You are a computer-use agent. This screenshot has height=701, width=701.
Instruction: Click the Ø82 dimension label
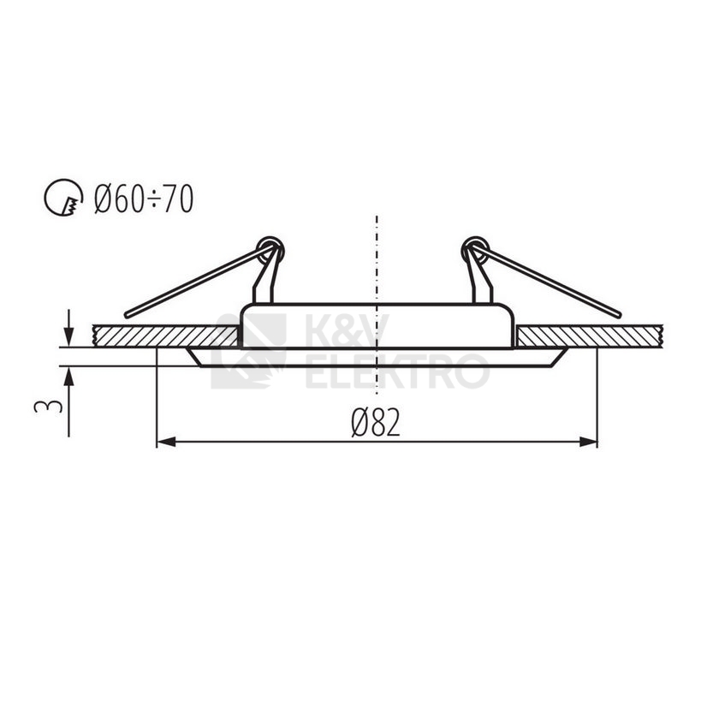375,422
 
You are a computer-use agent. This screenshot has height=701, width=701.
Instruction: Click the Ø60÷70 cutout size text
144,199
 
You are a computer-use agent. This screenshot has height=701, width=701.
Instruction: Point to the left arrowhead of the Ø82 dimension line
164,442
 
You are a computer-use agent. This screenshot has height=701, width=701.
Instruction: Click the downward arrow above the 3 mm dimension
68,330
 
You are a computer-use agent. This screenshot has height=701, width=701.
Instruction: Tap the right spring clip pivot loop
473,249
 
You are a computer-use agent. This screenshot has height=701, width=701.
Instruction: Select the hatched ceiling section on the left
163,336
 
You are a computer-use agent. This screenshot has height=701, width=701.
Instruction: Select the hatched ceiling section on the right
591,336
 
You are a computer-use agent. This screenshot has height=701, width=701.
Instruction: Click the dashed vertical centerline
377,257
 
